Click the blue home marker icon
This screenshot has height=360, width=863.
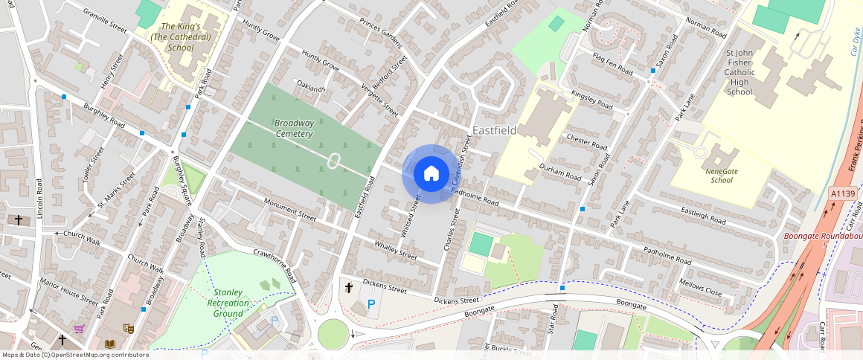click(431, 173)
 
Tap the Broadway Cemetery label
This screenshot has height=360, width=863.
click(293, 128)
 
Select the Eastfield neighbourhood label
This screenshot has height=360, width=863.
click(494, 130)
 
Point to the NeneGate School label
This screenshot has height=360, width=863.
click(721, 175)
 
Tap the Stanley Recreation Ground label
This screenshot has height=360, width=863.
click(228, 303)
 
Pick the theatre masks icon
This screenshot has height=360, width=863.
click(129, 327)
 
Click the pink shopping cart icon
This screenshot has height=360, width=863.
click(79, 329)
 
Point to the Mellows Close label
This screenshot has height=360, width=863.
click(701, 288)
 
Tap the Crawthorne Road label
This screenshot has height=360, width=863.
click(275, 266)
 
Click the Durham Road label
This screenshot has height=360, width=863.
click(560, 173)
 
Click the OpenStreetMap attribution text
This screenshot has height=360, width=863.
click(76, 355)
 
